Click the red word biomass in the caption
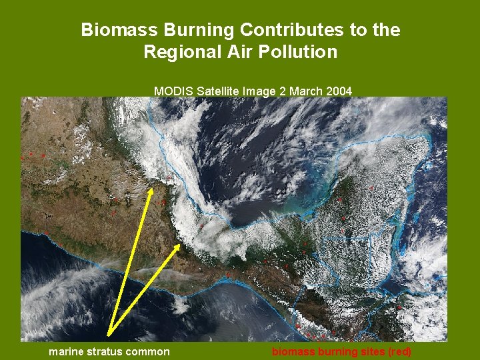(x=293, y=351)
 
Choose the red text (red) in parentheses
(x=399, y=351)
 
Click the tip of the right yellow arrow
(x=179, y=245)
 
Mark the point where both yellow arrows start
(x=108, y=335)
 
